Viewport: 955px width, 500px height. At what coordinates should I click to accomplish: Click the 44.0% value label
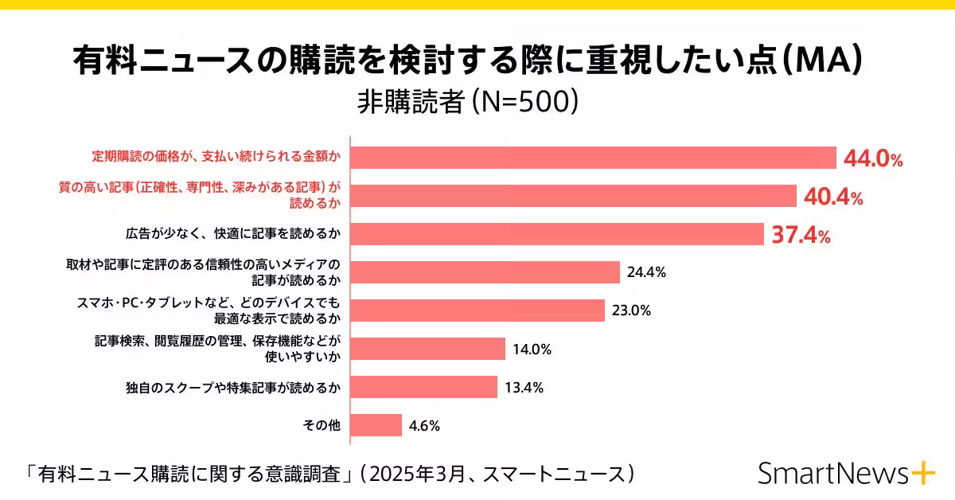tap(873, 159)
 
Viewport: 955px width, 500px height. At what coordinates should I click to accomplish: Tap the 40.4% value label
tap(833, 197)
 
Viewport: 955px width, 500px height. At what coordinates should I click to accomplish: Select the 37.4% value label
tap(801, 236)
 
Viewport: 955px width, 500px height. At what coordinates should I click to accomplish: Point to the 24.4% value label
tap(646, 272)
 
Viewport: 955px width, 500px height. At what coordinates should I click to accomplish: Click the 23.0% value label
tap(631, 311)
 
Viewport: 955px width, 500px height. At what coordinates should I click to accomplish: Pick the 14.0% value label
tap(532, 349)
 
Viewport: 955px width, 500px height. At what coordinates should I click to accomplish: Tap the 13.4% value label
tap(524, 388)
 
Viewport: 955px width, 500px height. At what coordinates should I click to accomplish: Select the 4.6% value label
tap(424, 425)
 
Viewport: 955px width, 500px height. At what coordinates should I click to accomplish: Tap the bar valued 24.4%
tap(485, 272)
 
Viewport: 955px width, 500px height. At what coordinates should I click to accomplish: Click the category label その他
tap(322, 425)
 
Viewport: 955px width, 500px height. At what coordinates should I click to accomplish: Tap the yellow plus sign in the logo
tap(923, 473)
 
